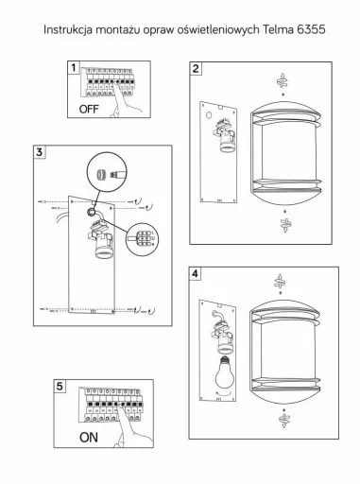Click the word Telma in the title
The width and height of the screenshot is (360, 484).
(x=278, y=29)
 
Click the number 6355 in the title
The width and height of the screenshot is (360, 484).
(x=311, y=29)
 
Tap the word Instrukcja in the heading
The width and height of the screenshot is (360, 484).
(x=68, y=30)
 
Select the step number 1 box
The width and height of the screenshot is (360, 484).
(x=74, y=68)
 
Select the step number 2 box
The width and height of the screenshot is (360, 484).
(x=196, y=68)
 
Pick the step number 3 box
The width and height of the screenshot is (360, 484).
(x=40, y=152)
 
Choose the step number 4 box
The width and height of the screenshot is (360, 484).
(x=195, y=273)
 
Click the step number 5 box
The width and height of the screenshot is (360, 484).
(x=60, y=386)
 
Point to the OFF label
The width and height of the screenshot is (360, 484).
(x=89, y=110)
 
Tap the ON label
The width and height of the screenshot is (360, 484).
(x=89, y=438)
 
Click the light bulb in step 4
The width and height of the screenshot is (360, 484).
(x=224, y=372)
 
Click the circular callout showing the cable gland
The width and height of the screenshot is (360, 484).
(x=107, y=172)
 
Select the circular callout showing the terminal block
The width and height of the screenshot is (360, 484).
(x=142, y=239)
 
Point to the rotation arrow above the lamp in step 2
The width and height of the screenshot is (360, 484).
(x=283, y=81)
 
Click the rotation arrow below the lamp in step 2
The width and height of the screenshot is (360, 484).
(x=285, y=224)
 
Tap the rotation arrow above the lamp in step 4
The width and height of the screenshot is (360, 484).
(x=280, y=282)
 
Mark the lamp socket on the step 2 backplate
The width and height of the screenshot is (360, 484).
(x=225, y=135)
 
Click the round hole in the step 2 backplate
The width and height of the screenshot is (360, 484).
(x=209, y=114)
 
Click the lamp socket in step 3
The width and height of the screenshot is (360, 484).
(x=101, y=241)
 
